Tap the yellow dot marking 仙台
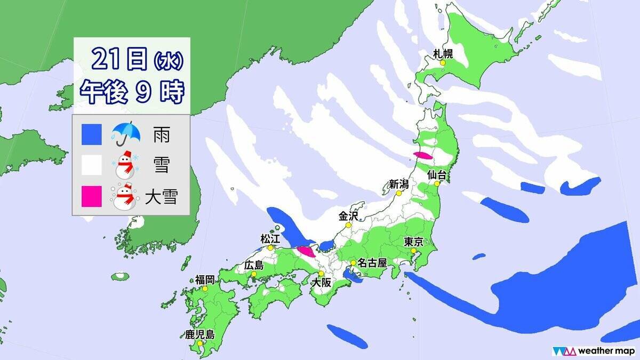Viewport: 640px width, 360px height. pos(437,183)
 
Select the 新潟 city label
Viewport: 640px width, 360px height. pos(398,185)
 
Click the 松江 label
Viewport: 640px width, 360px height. pos(270,238)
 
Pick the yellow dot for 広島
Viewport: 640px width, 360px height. pos(253,274)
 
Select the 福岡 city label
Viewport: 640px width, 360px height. pos(204,279)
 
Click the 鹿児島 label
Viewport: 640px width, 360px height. pos(199,335)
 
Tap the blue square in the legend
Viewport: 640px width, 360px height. pos(92,135)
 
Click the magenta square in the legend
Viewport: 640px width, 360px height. pos(92,196)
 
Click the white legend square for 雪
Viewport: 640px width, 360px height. pos(92,166)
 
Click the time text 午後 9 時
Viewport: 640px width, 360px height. pos(131,92)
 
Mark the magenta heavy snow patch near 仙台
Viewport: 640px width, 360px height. pos(423,155)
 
